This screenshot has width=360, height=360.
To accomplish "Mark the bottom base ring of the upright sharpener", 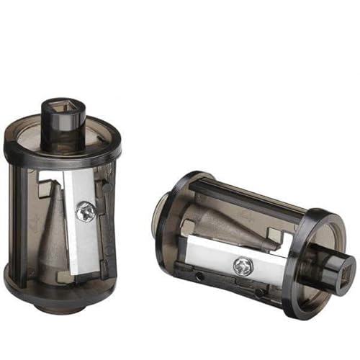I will click(58, 291).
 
